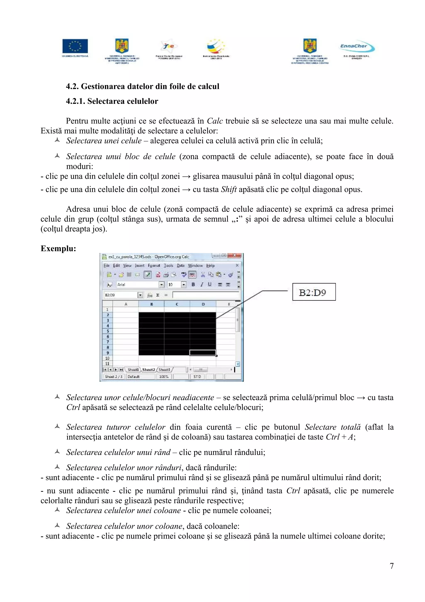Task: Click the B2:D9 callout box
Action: click(x=314, y=292)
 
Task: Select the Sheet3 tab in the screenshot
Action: click(x=164, y=370)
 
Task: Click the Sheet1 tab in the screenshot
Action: click(x=133, y=370)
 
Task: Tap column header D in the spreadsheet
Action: click(x=203, y=304)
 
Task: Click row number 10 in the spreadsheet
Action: click(x=107, y=358)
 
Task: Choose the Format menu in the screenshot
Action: click(x=154, y=266)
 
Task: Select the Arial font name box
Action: click(x=137, y=285)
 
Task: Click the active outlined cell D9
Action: click(x=203, y=353)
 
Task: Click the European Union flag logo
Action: click(x=75, y=46)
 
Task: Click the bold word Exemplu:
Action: click(x=58, y=249)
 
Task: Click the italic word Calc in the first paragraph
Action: click(x=215, y=121)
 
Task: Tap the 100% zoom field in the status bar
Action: click(x=164, y=377)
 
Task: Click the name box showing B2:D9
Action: click(x=120, y=295)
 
